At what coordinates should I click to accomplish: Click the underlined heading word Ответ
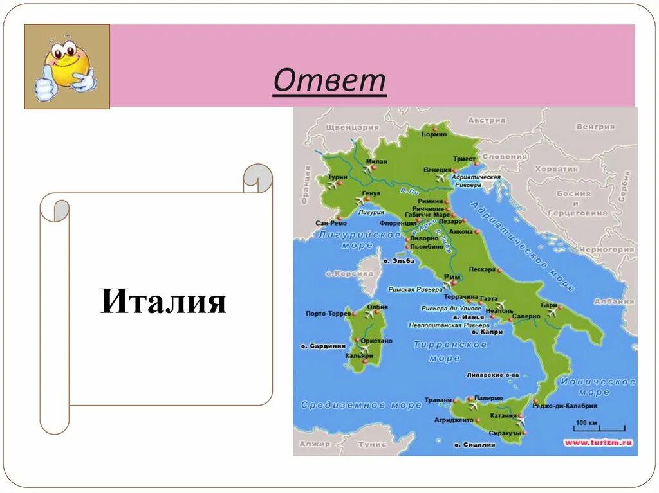329,82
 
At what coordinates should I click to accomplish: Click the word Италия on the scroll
163,301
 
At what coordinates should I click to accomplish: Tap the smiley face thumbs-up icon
67,67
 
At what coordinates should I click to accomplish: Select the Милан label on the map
376,162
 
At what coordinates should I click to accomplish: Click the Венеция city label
437,170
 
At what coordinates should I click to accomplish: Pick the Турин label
337,177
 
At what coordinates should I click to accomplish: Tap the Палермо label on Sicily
488,398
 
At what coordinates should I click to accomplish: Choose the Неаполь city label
499,311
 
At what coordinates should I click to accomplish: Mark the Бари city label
548,305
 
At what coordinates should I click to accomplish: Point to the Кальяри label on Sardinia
358,355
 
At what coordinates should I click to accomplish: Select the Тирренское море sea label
450,351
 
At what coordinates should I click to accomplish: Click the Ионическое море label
597,386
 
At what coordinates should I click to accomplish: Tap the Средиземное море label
360,405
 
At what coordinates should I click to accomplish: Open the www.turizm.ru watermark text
599,442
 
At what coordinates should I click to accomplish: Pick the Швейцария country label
353,127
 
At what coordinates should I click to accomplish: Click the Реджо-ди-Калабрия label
564,406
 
